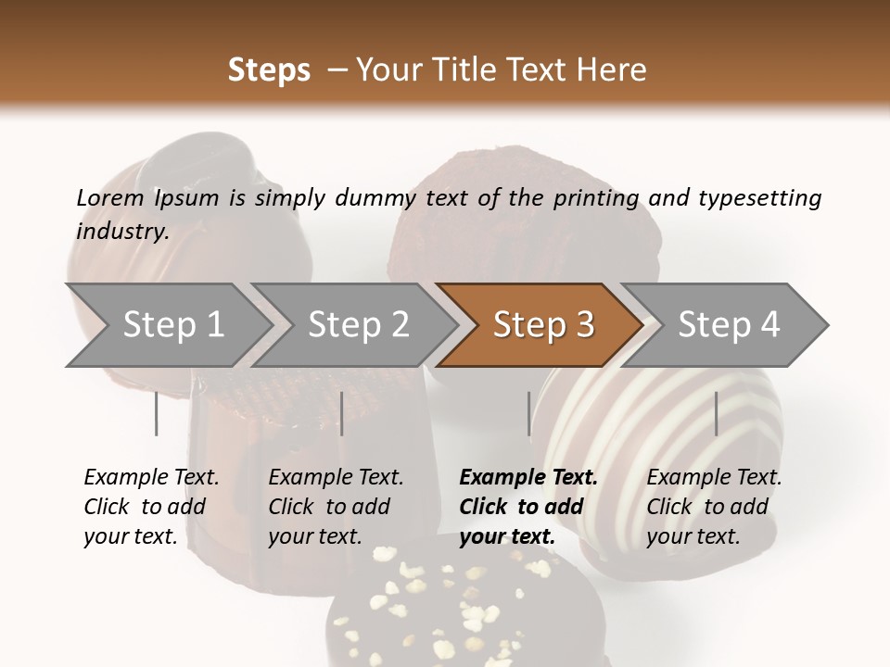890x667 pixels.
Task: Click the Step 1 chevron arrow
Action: point(167,325)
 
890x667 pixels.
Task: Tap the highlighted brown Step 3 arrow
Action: point(541,325)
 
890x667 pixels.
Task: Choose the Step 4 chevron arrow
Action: point(727,325)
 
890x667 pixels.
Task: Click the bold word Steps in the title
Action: point(269,70)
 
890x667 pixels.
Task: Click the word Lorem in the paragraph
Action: point(110,198)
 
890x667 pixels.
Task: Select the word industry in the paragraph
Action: point(121,232)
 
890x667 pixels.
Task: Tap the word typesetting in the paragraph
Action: point(758,198)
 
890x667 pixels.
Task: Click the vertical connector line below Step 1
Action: point(157,413)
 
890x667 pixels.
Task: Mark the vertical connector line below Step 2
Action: point(342,413)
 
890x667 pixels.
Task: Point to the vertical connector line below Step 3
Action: point(529,413)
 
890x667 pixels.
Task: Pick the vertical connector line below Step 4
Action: point(716,413)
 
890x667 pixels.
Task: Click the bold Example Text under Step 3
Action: point(528,478)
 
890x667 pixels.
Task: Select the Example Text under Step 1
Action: point(151,478)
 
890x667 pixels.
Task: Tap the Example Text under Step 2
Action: point(336,478)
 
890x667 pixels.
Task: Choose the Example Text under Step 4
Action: point(714,478)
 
